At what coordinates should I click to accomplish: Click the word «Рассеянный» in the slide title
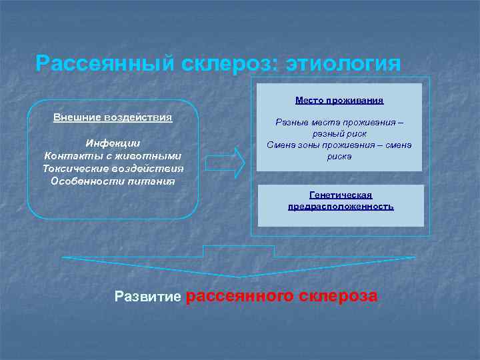click(x=104, y=64)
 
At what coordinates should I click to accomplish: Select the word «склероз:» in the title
click(x=229, y=64)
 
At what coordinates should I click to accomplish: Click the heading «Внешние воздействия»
click(x=113, y=117)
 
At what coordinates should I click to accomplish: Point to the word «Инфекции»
click(x=113, y=143)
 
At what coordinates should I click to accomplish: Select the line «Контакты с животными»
click(x=113, y=155)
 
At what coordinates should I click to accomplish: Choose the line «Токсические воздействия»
click(x=113, y=168)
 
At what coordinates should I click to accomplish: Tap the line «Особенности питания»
click(x=113, y=181)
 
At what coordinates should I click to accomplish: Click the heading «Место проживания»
click(x=339, y=101)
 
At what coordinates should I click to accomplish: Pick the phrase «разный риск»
click(x=339, y=133)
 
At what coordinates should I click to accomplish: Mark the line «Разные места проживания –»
click(x=339, y=123)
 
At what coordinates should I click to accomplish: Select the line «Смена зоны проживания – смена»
click(x=339, y=145)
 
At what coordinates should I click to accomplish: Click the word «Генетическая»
click(x=341, y=195)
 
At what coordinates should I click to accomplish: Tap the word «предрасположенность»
click(x=341, y=207)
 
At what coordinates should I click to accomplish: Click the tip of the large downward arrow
click(x=239, y=275)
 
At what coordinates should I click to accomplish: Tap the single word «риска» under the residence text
click(x=339, y=156)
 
